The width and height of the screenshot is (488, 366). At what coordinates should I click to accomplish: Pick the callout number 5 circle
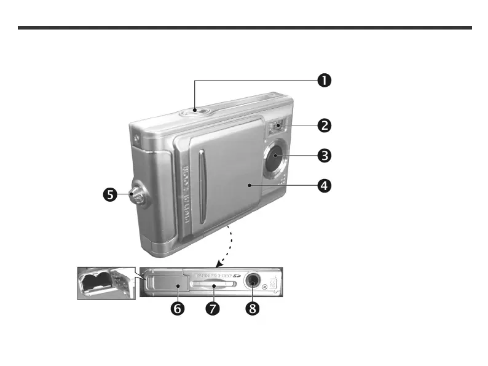[x=110, y=195]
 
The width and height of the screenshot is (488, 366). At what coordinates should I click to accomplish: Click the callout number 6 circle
[x=176, y=309]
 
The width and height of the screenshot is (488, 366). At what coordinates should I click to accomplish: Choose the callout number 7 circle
[x=213, y=309]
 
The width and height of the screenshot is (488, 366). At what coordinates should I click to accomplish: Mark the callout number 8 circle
[x=251, y=309]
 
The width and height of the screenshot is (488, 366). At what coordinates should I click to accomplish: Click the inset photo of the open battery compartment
[x=106, y=282]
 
